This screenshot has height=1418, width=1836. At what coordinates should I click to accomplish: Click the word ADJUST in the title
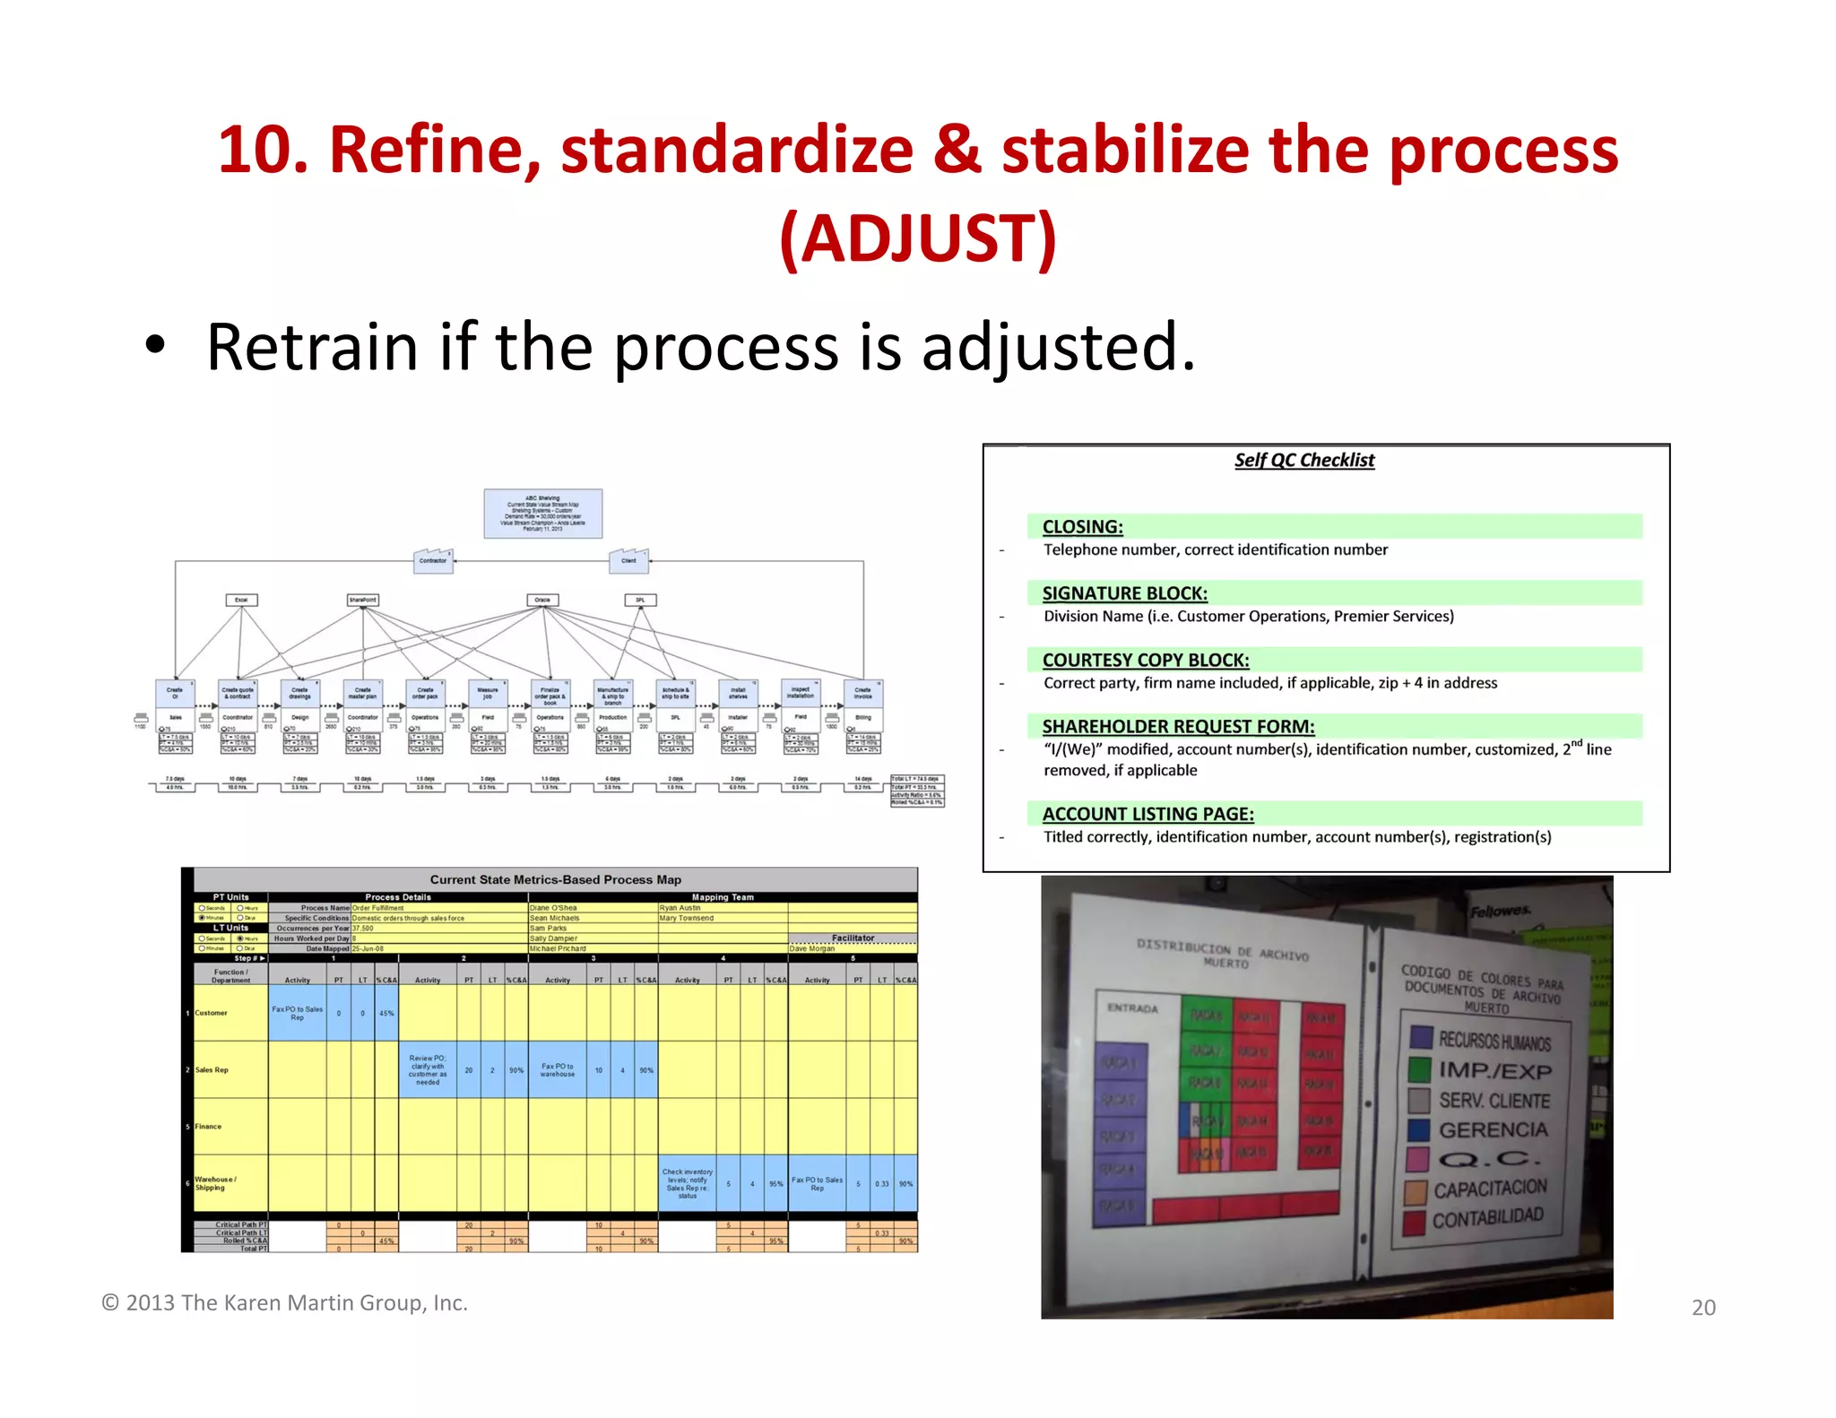point(918,238)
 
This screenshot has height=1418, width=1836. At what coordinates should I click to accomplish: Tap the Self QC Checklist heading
point(1303,460)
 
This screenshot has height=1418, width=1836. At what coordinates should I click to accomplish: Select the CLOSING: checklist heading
point(1082,527)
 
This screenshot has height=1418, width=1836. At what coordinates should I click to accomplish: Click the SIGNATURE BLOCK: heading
point(1124,593)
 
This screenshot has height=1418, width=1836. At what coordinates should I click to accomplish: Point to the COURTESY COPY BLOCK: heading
point(1145,661)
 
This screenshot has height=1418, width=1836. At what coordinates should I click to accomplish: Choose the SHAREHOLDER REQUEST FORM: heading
point(1178,727)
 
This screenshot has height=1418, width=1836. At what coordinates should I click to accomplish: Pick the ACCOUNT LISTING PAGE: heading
point(1147,814)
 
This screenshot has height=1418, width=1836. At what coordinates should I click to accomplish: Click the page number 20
point(1703,1308)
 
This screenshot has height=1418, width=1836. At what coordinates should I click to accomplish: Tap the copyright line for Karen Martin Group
point(285,1302)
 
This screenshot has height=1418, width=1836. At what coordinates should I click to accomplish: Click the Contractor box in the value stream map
point(433,561)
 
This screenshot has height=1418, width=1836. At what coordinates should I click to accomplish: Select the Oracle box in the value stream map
point(542,600)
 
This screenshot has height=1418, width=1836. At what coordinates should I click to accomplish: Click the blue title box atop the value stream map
point(542,514)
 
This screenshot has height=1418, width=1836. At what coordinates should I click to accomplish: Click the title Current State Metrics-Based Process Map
point(555,879)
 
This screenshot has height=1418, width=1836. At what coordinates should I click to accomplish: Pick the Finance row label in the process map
point(208,1127)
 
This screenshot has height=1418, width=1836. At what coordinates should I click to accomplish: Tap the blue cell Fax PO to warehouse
point(557,1070)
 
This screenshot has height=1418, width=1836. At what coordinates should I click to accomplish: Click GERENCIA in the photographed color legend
point(1493,1130)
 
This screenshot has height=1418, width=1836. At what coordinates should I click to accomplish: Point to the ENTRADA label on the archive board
point(1132,1008)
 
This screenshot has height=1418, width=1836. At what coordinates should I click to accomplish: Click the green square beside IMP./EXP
point(1419,1068)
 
